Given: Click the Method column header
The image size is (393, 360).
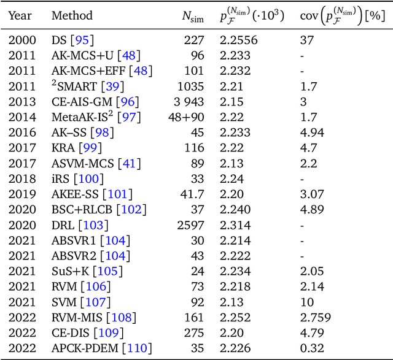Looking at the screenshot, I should pos(72,15).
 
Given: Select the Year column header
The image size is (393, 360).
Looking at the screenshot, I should pos(20,15).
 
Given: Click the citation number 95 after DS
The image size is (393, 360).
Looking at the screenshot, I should pos(82,40).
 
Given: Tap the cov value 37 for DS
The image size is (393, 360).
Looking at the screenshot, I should pos(307,40).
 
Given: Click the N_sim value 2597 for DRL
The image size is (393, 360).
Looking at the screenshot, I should pos(196,225).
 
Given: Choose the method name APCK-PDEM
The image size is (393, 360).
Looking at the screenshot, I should pos(82,349).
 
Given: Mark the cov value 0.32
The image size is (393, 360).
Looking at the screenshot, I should pos(311,349).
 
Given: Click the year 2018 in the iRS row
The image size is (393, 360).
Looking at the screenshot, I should pos(23,179).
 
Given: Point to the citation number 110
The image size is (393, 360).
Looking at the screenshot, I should pos(136,349).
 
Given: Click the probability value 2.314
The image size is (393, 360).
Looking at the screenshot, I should pos(236,225).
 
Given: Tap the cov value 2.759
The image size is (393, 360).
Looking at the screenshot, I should pos(314,318).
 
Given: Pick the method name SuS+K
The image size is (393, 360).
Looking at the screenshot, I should pos(69,272).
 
